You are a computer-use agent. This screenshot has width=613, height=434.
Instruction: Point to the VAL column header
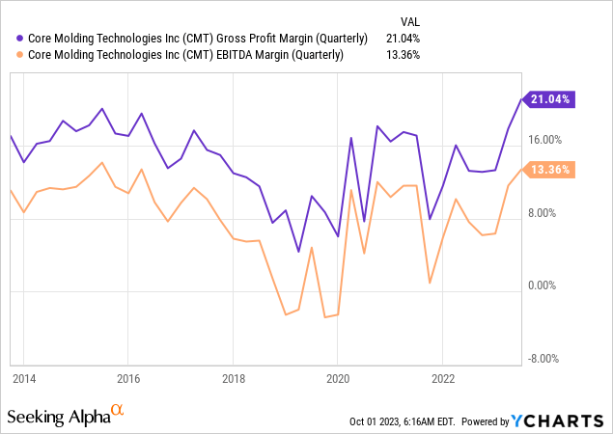pos(410,20)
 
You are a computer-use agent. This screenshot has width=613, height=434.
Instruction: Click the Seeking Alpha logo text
pos(57,417)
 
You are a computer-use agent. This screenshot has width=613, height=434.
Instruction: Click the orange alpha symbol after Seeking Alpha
pos(118,411)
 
